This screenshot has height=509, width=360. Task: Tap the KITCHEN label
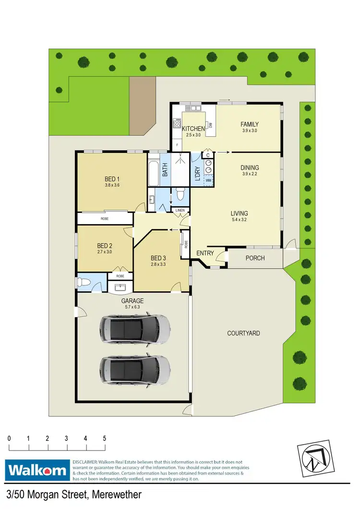[x=193, y=129]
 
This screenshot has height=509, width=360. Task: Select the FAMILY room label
[x=250, y=124]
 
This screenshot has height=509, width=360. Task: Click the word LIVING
[x=239, y=213]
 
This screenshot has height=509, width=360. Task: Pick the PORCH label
[x=255, y=258]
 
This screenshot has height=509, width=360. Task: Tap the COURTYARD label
[x=243, y=333]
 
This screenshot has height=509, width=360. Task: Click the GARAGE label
[x=132, y=301]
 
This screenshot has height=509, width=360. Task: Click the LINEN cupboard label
[x=180, y=211]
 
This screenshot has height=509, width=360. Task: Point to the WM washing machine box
[x=209, y=180]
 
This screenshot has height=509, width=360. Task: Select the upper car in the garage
[x=135, y=329]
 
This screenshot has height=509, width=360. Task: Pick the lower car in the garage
[x=135, y=370]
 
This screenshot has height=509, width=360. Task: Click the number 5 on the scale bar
[x=104, y=438]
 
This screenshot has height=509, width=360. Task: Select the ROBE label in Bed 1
[x=104, y=219]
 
